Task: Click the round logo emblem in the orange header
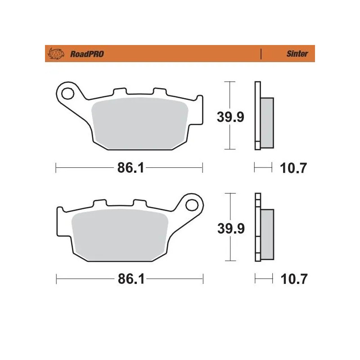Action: coord(56,54)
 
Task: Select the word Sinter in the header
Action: coord(297,54)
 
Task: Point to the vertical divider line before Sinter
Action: coord(261,54)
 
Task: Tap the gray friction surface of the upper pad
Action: coord(139,124)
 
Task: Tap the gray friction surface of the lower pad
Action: coord(119,234)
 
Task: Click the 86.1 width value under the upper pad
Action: coord(130,168)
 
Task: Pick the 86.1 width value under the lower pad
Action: coord(130,279)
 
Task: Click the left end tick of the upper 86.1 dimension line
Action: coord(55,168)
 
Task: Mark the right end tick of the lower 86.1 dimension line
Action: coord(203,279)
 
